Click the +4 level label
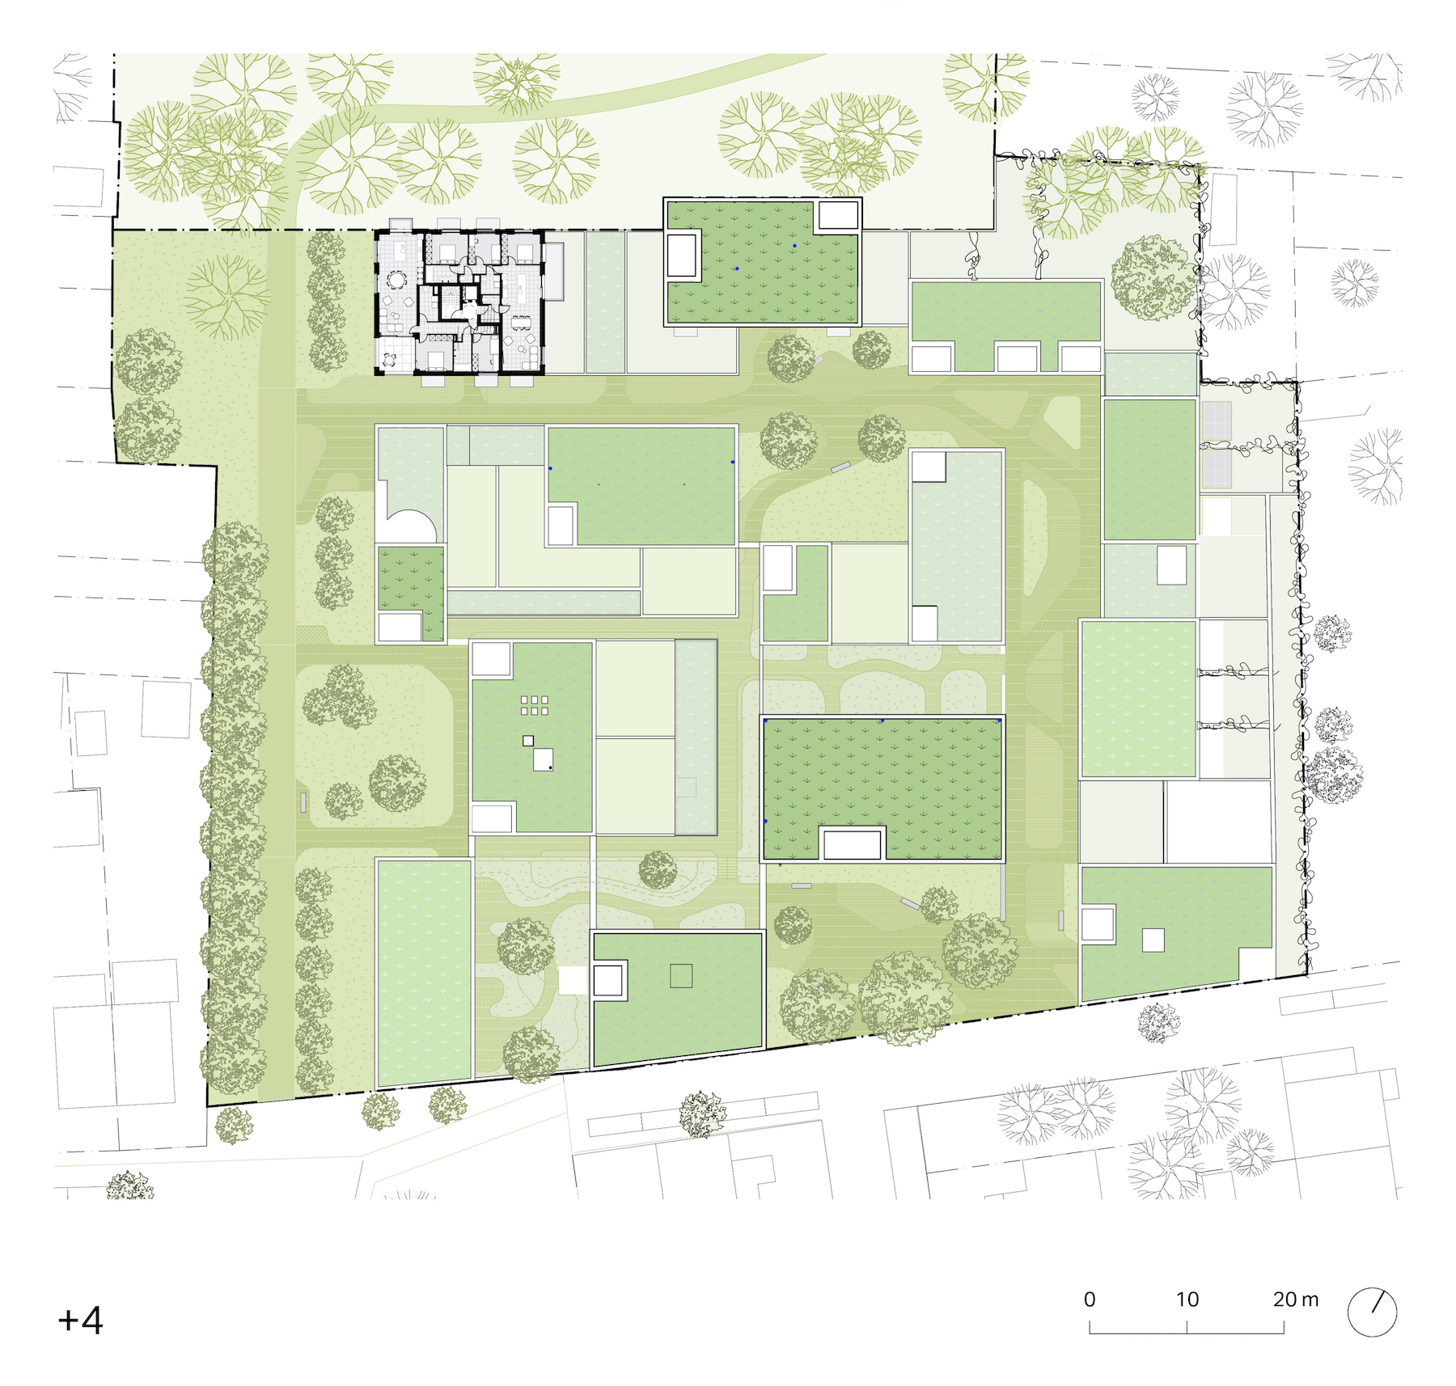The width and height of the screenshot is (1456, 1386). click(80, 1321)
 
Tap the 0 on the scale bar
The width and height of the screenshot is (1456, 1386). click(1090, 1299)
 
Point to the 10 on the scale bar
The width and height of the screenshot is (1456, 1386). click(1187, 1299)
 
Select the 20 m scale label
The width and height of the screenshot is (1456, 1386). click(1295, 1299)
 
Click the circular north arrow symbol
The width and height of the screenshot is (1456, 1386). click(1373, 1312)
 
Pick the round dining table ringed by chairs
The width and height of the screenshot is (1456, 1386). click(397, 280)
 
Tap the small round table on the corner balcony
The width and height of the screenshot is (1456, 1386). click(390, 358)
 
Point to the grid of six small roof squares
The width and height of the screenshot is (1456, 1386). click(535, 705)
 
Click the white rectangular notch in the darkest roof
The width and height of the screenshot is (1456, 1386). click(852, 843)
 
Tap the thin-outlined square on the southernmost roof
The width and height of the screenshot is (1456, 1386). click(681, 976)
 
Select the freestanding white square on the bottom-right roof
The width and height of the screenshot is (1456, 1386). click(1153, 940)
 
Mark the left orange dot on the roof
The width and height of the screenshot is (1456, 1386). click(599, 484)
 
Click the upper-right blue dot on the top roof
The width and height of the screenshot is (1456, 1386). click(794, 245)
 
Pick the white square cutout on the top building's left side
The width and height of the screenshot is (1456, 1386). click(681, 256)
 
